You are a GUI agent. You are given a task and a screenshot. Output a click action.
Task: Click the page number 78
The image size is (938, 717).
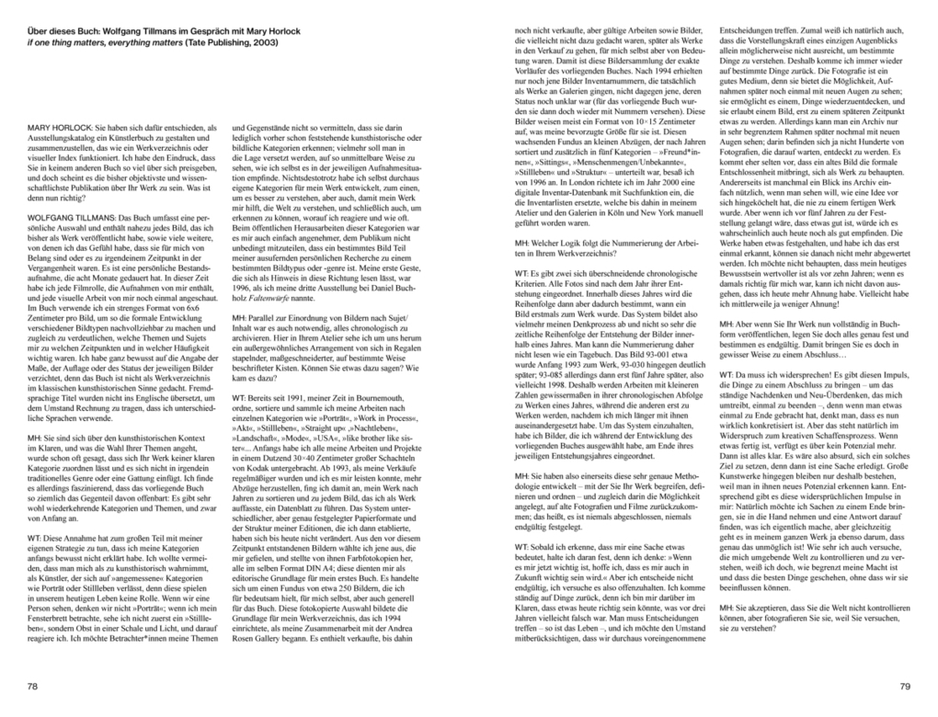[33, 686]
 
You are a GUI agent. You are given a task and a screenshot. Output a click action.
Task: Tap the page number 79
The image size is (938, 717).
[904, 686]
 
